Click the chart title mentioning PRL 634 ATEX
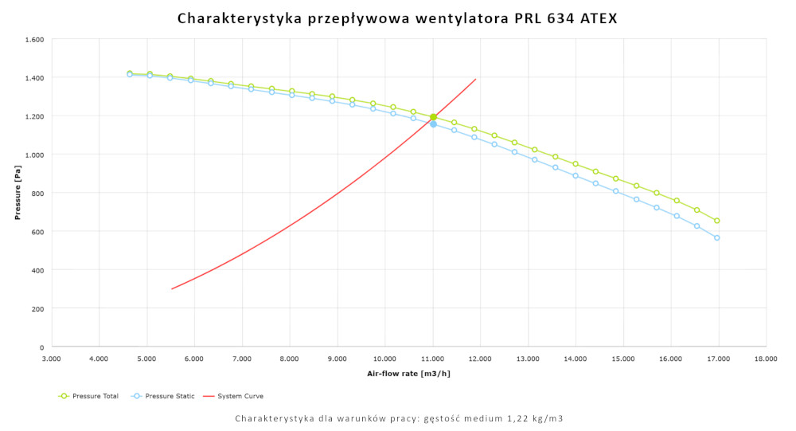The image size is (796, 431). [397, 18]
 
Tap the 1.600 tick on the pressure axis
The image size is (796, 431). [35, 39]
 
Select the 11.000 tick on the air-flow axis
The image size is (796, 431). [433, 359]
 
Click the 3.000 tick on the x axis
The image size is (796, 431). [52, 359]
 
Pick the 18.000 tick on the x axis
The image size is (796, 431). [766, 359]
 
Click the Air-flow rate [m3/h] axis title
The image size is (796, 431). [408, 373]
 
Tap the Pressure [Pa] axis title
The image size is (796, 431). [17, 193]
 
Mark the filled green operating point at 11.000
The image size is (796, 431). [433, 117]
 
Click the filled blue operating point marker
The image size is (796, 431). [433, 124]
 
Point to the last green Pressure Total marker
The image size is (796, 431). [717, 221]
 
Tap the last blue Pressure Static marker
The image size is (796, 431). [717, 237]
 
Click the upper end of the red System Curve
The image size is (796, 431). [475, 79]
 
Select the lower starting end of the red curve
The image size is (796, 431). [171, 289]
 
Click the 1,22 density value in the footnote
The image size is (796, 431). [513, 418]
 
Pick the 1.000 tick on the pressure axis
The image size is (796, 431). [35, 155]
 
